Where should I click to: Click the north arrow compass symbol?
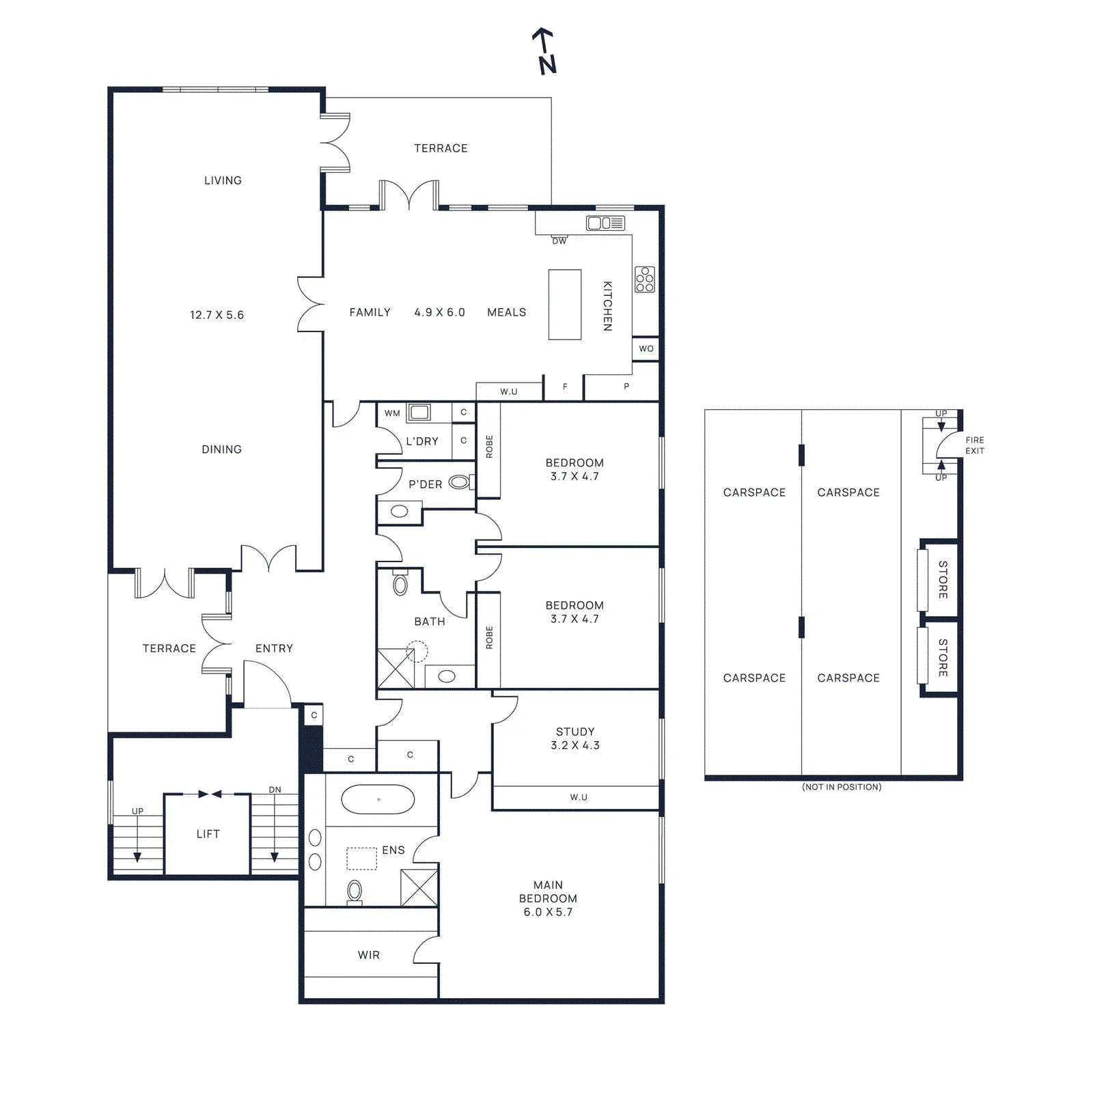click(544, 51)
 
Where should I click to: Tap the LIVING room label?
click(223, 180)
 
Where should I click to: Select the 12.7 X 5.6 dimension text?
click(217, 315)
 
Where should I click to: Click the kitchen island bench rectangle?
click(565, 304)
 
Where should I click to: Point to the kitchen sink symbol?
click(605, 223)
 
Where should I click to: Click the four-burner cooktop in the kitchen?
click(645, 279)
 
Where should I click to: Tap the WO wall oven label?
click(646, 348)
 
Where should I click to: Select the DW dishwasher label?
click(559, 240)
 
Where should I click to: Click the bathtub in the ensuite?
click(378, 799)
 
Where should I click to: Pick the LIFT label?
click(208, 833)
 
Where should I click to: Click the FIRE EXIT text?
click(975, 445)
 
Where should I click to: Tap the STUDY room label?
click(575, 732)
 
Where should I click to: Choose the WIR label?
click(369, 955)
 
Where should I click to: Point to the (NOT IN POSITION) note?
click(842, 787)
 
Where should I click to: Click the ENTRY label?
click(274, 648)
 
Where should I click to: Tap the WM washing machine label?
click(392, 413)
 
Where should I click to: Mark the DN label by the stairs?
click(275, 790)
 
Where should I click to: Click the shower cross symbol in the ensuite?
click(419, 887)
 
